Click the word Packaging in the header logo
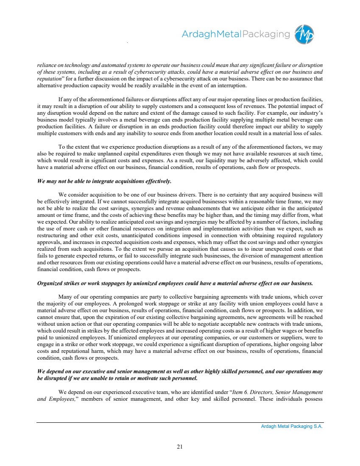[266, 34]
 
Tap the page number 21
[180, 446]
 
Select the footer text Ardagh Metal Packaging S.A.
[292, 427]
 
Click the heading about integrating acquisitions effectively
[104, 181]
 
